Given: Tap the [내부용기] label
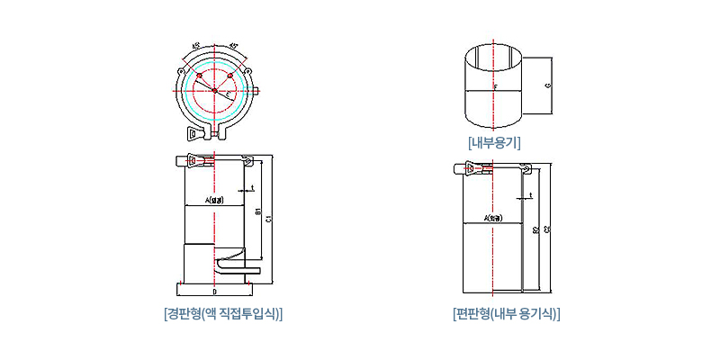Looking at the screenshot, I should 495,142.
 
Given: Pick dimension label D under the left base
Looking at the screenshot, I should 214,292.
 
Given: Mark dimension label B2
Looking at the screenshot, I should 535,230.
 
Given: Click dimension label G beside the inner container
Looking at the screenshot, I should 547,85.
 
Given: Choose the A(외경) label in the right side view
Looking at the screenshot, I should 493,218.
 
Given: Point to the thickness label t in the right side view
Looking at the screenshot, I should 532,194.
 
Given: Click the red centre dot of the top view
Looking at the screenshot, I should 214,89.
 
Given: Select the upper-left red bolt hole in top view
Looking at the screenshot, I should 199,75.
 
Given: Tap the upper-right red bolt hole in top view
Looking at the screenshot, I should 230,75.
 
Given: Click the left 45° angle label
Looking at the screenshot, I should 196,44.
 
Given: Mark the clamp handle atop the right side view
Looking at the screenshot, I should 472,168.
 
